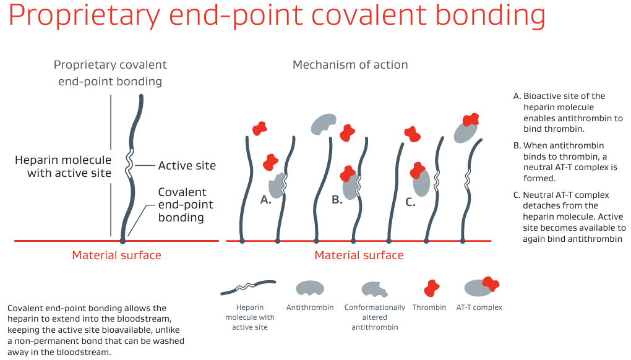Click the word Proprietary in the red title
point(84,17)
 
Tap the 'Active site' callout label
point(187,165)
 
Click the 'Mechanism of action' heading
point(350,65)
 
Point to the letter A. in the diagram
point(266,200)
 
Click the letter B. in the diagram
point(337,200)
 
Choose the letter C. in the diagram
point(410,202)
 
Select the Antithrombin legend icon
point(310,288)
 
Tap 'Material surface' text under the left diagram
point(116,255)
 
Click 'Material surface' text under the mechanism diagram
point(359,255)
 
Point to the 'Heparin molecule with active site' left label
point(63,166)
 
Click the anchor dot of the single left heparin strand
point(122,240)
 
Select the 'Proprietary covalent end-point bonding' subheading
point(110,73)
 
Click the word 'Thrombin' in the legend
point(429,307)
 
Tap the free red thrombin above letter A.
point(260,128)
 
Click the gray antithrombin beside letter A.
point(276,184)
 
